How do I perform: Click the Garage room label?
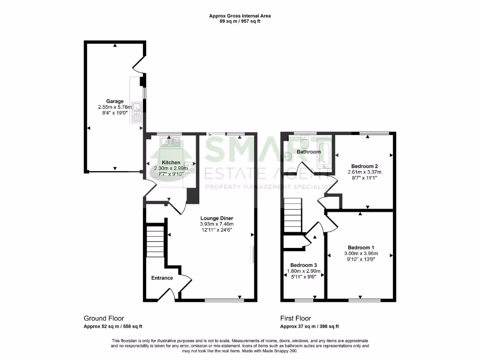point(115,101)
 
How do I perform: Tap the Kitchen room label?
point(171,163)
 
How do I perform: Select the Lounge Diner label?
point(217,218)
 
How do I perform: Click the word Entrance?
point(162,278)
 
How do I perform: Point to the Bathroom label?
point(308,152)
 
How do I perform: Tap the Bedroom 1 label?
point(360,247)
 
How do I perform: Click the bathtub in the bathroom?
point(325,153)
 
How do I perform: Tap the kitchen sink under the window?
point(168,141)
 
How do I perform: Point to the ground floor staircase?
point(155,241)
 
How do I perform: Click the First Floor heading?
point(295,318)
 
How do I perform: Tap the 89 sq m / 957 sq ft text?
point(240,21)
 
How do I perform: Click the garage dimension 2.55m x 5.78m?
point(115,107)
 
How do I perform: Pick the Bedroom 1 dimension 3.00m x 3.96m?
point(360,254)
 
